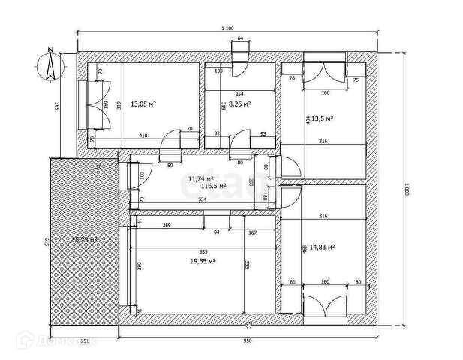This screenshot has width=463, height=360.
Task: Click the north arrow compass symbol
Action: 50,64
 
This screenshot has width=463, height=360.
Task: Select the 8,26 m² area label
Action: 240,104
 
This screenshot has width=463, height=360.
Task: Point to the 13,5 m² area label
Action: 323,118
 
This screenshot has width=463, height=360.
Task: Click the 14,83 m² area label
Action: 323,246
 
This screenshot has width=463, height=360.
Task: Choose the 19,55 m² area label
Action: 203,260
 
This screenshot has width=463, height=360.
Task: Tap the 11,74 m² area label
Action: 200,178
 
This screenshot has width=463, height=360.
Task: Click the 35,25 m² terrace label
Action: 84,239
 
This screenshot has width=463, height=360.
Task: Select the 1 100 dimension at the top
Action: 227,28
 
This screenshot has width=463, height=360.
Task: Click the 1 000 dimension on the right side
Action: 406,191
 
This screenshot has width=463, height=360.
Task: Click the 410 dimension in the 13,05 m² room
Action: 143,136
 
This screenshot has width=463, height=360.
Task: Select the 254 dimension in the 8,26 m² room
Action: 239,93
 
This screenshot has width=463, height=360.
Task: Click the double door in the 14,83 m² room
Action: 325,303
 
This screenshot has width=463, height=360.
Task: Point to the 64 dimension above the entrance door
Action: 240,37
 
